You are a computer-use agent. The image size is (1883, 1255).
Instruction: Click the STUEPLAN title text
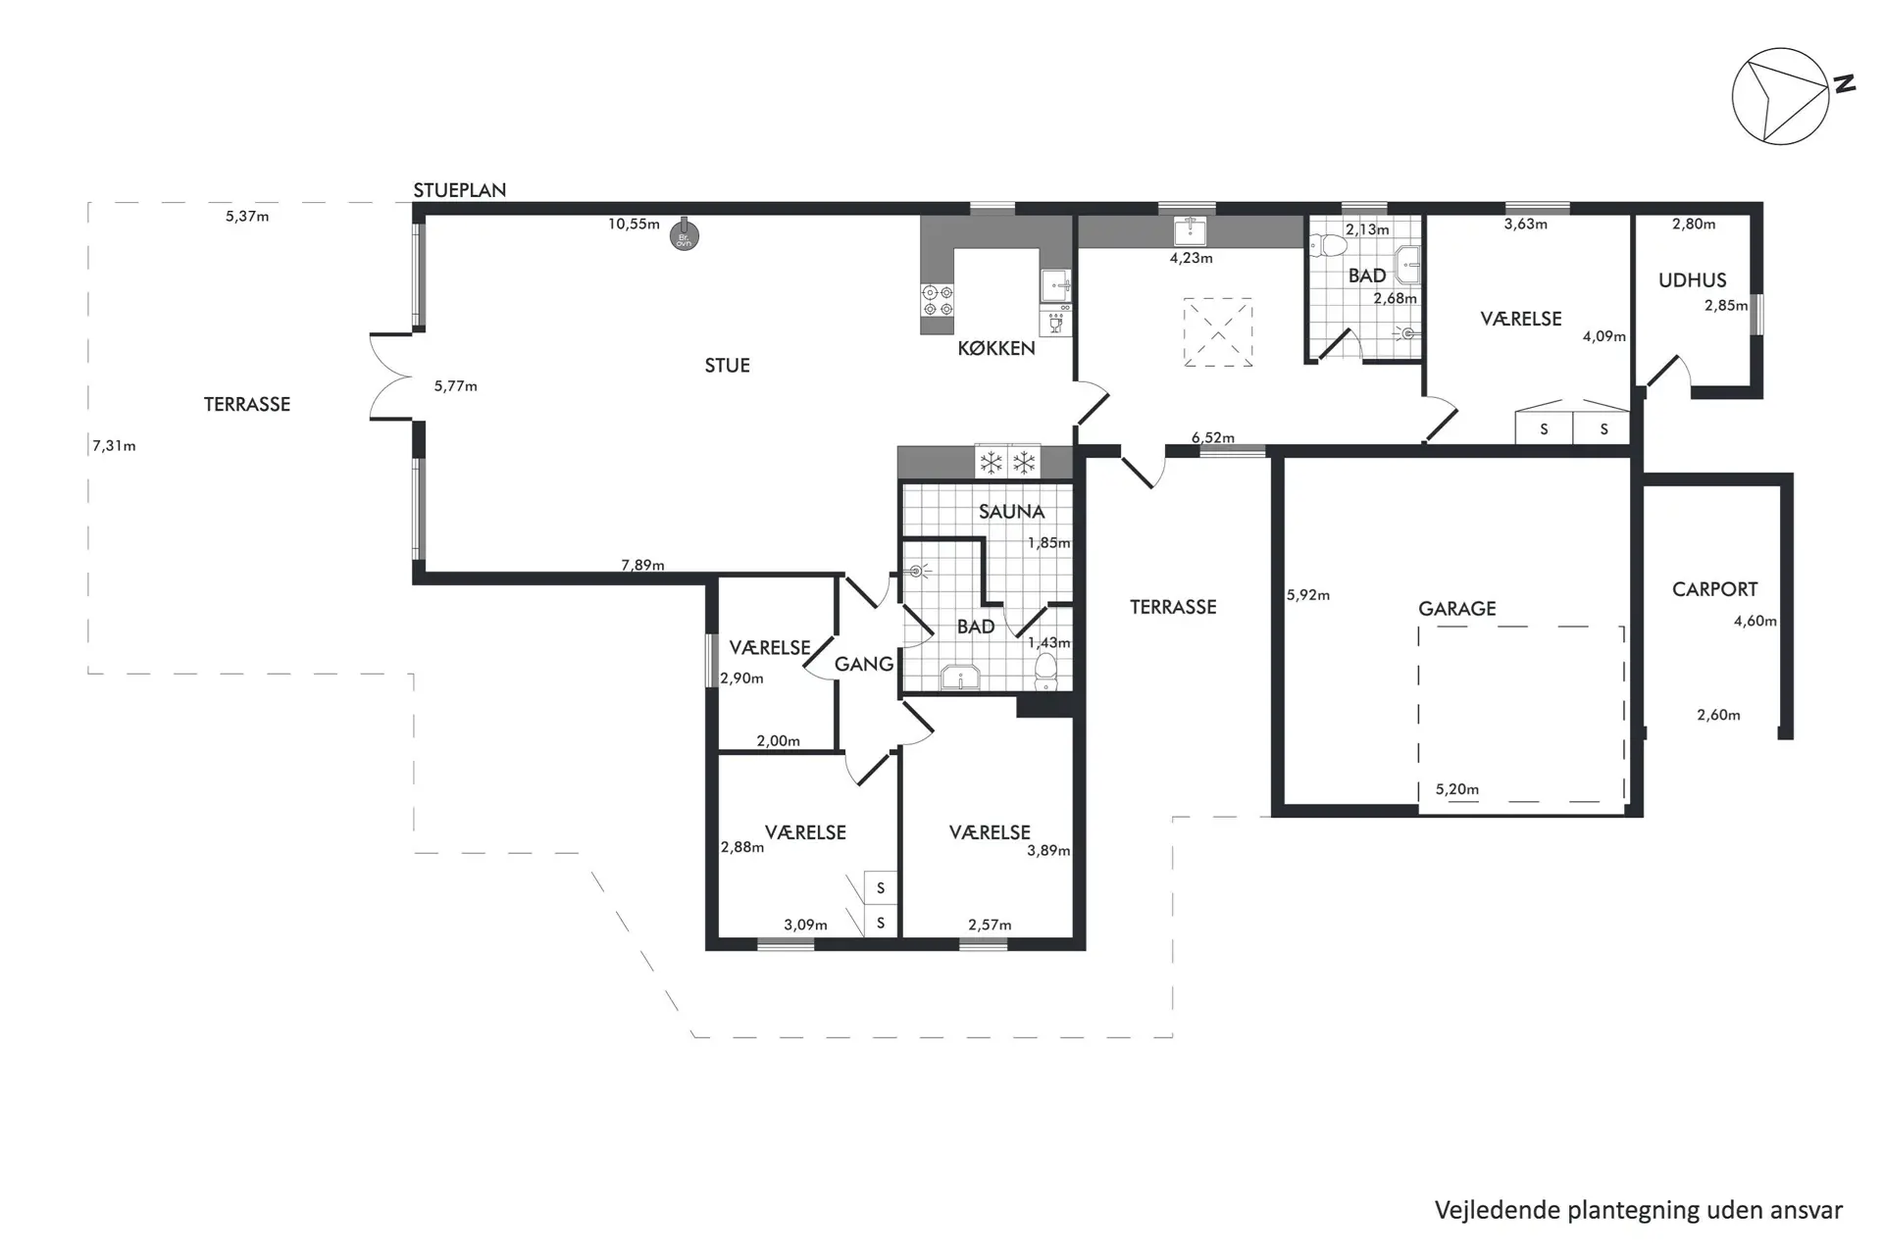[459, 190]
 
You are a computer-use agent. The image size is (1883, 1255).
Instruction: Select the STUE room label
[727, 366]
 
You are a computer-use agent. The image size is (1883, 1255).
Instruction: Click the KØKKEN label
[996, 348]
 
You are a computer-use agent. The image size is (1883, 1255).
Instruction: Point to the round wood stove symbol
[684, 236]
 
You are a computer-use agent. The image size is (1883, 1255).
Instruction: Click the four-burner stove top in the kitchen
[938, 300]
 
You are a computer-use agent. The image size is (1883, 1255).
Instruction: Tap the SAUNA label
[1011, 512]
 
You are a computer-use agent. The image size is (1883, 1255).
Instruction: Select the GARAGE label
[1457, 609]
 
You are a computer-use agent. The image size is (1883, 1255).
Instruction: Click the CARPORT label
[1714, 589]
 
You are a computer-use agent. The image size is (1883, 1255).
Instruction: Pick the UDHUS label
[1692, 280]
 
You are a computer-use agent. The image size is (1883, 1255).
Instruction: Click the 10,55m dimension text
[634, 224]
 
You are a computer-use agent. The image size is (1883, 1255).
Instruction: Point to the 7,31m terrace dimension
[114, 446]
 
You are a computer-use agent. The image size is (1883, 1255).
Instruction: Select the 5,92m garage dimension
[1308, 595]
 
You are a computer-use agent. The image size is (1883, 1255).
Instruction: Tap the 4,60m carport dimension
[1756, 621]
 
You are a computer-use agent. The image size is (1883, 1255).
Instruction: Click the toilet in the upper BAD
[1334, 245]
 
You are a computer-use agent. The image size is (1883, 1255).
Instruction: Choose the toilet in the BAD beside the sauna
[1046, 672]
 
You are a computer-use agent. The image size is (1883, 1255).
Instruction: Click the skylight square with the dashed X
[1218, 332]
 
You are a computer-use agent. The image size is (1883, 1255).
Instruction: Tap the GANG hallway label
[864, 665]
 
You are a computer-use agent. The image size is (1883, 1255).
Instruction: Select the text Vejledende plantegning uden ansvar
[1639, 1210]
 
